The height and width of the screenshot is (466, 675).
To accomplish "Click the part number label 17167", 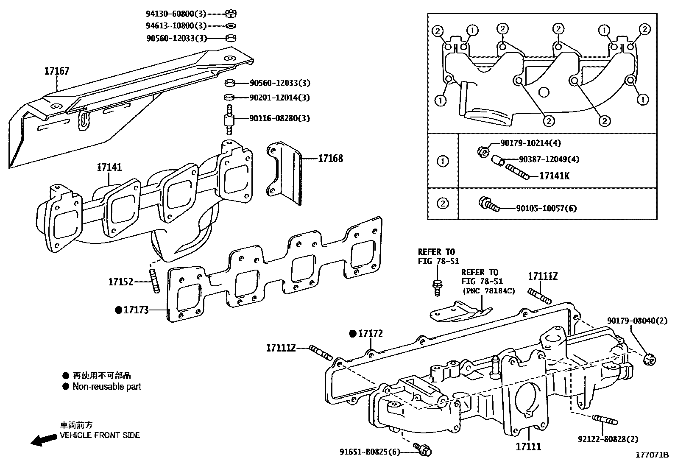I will click(57, 71).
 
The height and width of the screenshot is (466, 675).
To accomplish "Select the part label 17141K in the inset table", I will click(554, 176).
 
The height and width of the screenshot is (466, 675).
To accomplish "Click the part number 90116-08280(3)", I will click(279, 118).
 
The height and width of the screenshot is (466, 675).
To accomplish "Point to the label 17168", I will click(330, 159).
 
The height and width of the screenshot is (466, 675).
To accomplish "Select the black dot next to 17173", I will click(118, 310).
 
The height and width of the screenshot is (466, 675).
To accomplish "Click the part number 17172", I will click(370, 334).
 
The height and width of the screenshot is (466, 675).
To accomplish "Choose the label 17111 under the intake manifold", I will click(528, 446).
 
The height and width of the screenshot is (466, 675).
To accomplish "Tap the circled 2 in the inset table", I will click(442, 203).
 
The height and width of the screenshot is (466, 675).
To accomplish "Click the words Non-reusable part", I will click(106, 386).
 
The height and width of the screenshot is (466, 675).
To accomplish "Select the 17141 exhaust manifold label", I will click(109, 167).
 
